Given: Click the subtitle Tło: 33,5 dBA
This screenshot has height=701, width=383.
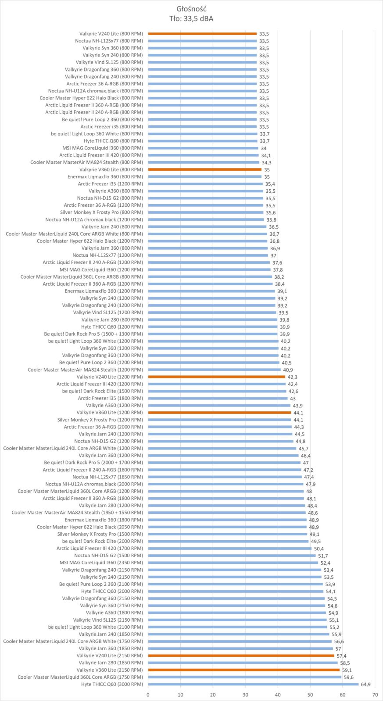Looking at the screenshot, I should (191, 18).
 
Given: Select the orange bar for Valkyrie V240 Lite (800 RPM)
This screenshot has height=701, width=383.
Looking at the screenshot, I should (202, 34).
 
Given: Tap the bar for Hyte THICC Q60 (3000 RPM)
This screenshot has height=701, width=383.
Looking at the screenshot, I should (253, 684).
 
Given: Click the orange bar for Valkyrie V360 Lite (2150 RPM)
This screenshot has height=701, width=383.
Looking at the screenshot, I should (244, 670).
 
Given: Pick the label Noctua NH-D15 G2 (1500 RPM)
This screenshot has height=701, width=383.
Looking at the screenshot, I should (108, 556).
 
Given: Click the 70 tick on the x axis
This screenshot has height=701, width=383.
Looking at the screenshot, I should (375, 694).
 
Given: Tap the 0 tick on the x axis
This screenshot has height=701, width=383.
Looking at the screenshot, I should (148, 694).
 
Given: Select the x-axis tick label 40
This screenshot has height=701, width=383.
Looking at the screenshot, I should (278, 694).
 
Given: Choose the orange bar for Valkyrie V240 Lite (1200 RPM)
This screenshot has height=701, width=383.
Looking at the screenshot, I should (217, 377).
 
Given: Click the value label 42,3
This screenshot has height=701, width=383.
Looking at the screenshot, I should (293, 377).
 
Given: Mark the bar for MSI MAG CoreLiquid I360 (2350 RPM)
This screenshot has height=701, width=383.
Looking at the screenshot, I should (233, 563).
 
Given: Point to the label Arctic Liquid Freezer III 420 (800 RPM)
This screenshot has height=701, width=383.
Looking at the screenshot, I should (101, 155).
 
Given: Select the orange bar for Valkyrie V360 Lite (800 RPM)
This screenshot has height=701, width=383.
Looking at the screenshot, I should (205, 170).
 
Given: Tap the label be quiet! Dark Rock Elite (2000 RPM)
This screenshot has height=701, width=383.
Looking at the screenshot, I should (102, 541).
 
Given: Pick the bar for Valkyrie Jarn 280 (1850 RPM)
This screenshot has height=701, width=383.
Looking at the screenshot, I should (243, 663).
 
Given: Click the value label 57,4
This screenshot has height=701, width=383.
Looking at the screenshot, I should (342, 656).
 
